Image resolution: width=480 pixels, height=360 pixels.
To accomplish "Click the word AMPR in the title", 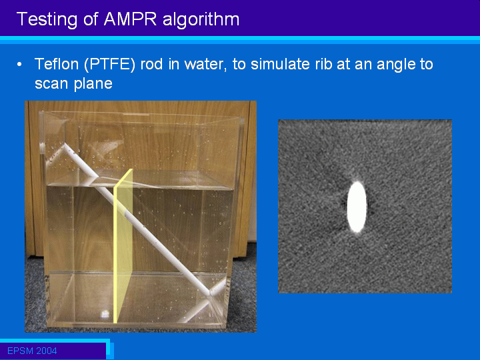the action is [x=131, y=19].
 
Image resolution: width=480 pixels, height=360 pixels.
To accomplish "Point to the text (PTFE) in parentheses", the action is [x=109, y=65].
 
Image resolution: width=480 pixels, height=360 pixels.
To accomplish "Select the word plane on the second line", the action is [x=93, y=84].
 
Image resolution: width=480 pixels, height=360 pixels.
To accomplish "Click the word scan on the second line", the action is [x=52, y=84].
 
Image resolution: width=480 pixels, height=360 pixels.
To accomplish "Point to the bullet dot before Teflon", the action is [x=19, y=65].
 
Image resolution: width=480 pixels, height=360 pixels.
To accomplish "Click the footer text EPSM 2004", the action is [x=32, y=351].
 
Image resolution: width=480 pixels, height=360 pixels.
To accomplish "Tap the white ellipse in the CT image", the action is [x=357, y=207].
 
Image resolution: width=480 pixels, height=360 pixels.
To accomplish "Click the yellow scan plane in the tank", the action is [x=123, y=245].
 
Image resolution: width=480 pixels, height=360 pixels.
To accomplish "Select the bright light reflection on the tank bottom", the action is [x=105, y=314].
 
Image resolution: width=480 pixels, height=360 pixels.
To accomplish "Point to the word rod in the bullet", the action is [x=151, y=65].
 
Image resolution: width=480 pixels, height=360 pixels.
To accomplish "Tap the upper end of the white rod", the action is [x=65, y=145].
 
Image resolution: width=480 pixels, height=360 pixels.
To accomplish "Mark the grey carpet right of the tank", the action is [x=243, y=291].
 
